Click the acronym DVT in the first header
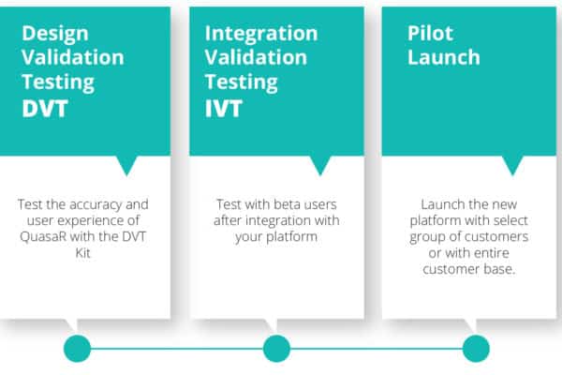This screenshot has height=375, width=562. (x=45, y=109)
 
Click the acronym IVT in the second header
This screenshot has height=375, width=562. (x=224, y=109)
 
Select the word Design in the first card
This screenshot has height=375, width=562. (x=55, y=35)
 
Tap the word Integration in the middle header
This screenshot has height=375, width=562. (x=261, y=35)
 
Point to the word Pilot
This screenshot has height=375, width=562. (x=430, y=34)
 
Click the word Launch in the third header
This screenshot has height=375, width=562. (x=444, y=57)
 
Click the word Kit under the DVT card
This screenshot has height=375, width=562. (x=82, y=252)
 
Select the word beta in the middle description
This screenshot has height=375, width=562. (x=279, y=204)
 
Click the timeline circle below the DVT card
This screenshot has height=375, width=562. (x=77, y=349)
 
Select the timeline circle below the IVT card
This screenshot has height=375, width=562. (x=276, y=349)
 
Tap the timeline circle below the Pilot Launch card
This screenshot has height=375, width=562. (x=476, y=349)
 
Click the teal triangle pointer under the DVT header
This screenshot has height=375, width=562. (x=126, y=164)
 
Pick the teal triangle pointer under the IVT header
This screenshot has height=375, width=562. (x=320, y=164)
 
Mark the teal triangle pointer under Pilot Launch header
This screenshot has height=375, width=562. (x=512, y=164)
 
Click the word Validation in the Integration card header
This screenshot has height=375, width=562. (x=256, y=57)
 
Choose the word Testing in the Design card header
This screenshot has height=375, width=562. (x=58, y=82)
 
